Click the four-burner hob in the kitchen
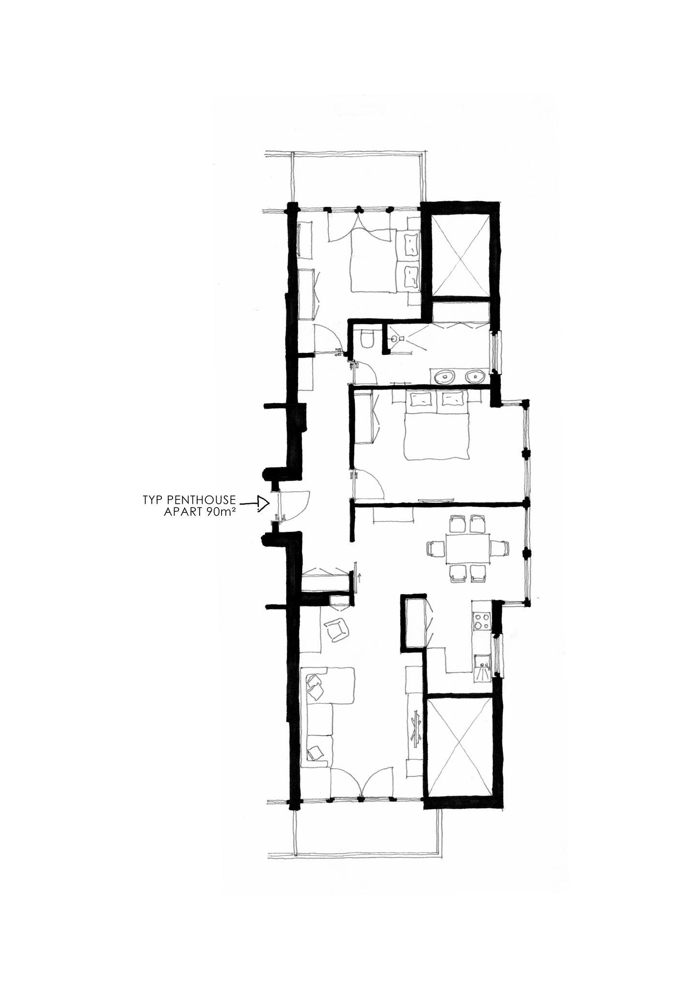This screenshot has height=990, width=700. click(x=482, y=621)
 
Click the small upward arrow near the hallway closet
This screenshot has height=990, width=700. click(x=359, y=576)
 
